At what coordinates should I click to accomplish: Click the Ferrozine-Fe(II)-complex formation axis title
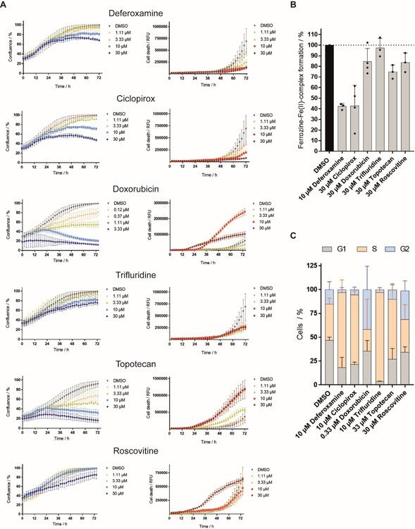(x=291, y=83)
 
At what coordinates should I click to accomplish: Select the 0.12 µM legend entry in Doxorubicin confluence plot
(x=117, y=208)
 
